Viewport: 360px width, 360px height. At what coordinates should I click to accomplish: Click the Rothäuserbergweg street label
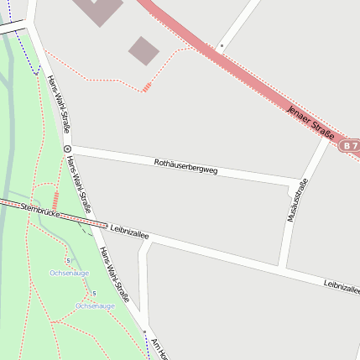click(185, 166)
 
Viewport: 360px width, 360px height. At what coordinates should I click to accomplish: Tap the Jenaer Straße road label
click(310, 122)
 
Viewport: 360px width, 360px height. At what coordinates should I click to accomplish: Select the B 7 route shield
click(351, 145)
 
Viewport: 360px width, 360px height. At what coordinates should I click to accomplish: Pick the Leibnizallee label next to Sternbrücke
click(129, 232)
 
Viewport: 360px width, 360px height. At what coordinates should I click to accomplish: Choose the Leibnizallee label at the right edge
click(342, 287)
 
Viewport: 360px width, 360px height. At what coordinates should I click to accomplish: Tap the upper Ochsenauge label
click(70, 273)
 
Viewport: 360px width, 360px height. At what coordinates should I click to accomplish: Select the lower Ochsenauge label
click(95, 305)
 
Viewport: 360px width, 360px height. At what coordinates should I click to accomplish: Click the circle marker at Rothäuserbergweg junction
click(67, 149)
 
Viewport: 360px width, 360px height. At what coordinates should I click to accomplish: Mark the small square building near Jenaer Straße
click(143, 50)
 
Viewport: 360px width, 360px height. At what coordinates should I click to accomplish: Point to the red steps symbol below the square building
click(147, 86)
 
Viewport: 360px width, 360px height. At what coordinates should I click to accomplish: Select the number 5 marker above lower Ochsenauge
click(94, 293)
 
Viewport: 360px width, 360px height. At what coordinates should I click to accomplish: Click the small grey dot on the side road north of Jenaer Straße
click(222, 45)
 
